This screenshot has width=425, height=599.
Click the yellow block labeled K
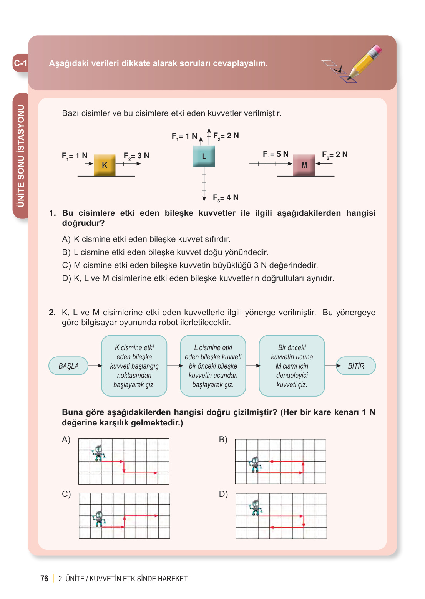pyautogui.click(x=105, y=165)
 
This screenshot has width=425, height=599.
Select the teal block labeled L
pyautogui.click(x=204, y=156)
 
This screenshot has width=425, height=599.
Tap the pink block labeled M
pyautogui.click(x=304, y=165)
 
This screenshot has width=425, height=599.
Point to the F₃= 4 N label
pyautogui.click(x=226, y=197)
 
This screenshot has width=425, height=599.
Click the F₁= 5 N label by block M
pyautogui.click(x=276, y=154)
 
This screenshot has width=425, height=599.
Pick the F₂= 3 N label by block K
pyautogui.click(x=136, y=156)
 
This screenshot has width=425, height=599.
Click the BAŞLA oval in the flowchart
pyautogui.click(x=68, y=366)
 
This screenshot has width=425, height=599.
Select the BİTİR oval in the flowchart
pyautogui.click(x=356, y=366)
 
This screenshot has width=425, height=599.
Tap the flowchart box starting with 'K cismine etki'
pyautogui.click(x=134, y=366)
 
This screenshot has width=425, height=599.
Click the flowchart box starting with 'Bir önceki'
pyautogui.click(x=292, y=366)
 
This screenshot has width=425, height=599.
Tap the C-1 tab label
pyautogui.click(x=21, y=63)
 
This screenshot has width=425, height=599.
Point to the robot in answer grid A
pyautogui.click(x=99, y=453)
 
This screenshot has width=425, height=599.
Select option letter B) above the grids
pyautogui.click(x=223, y=440)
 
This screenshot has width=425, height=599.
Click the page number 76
pyautogui.click(x=44, y=579)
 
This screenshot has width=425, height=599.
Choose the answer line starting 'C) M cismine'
pyautogui.click(x=190, y=265)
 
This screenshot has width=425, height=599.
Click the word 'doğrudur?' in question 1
pyautogui.click(x=83, y=223)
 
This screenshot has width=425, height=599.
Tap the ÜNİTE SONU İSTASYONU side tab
pyautogui.click(x=21, y=156)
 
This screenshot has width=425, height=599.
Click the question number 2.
pyautogui.click(x=52, y=313)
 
